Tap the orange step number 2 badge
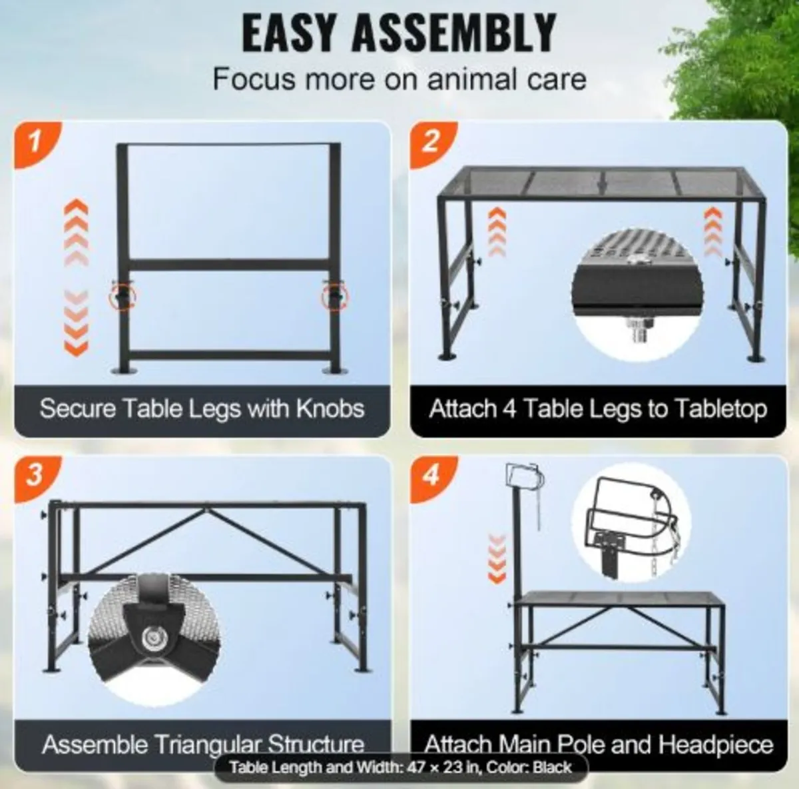point(431,142)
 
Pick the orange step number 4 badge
point(431,474)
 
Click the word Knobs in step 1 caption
point(330,408)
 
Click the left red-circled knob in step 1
point(122,297)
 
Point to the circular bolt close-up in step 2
point(637,295)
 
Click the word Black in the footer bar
point(552,767)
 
